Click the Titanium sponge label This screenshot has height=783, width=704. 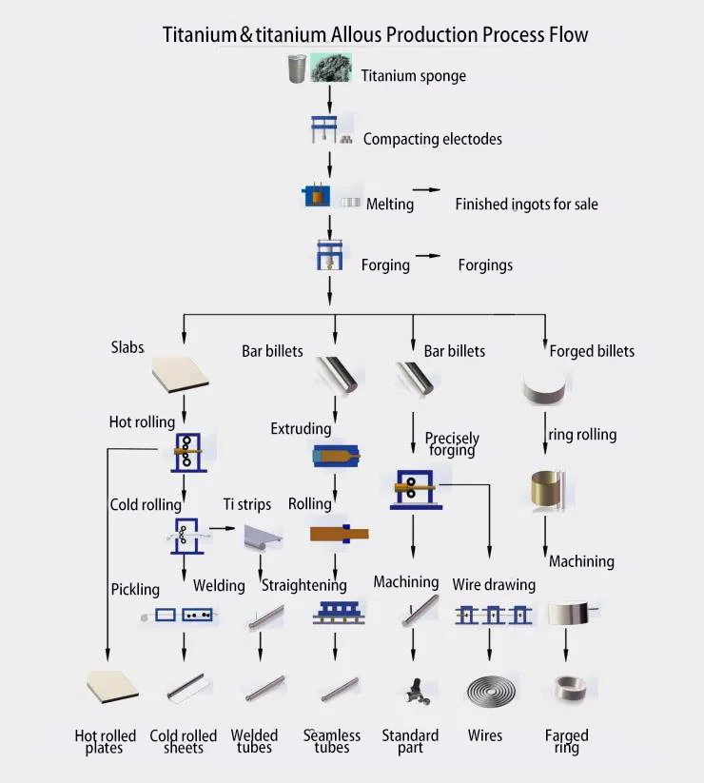[413, 76]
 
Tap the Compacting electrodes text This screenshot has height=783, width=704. [432, 139]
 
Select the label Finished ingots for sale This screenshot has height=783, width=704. [526, 204]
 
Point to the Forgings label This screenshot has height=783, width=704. [485, 264]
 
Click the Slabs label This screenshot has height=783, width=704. [127, 347]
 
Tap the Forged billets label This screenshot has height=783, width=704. [592, 351]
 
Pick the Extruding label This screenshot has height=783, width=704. [301, 428]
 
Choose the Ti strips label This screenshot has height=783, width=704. [247, 504]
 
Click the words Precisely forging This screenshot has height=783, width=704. [452, 443]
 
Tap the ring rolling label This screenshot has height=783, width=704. [582, 435]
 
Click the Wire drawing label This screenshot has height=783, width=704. [494, 584]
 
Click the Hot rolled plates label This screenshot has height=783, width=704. [105, 741]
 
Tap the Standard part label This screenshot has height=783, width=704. [410, 741]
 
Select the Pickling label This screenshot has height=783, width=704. [135, 590]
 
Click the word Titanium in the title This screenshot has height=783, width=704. [200, 35]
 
